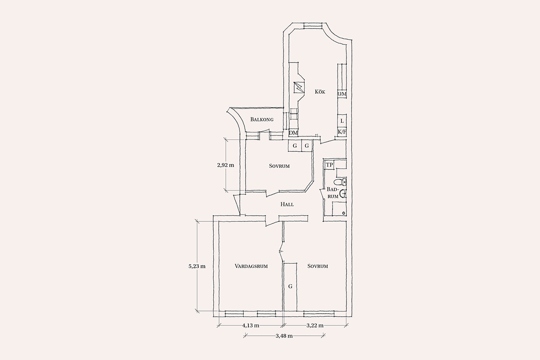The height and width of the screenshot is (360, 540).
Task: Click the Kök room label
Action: pos(320,92)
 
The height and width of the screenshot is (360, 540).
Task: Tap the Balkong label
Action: pos(262,119)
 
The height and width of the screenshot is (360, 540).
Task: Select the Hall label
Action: pos(287,204)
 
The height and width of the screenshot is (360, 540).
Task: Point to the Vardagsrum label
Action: pos(251,266)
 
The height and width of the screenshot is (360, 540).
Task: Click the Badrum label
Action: pos(333,193)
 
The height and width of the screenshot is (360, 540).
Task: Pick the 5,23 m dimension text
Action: pos(197,266)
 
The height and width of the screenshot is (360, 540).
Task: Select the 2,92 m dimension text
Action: pos(225,166)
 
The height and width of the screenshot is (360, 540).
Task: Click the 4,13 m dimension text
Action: pos(251,326)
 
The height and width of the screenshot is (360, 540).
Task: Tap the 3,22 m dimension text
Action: pos(315,326)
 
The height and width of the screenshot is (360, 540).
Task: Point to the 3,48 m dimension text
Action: pos(284,336)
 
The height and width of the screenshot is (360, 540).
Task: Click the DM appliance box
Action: pos(293,133)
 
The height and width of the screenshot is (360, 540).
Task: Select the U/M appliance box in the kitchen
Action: pos(342,94)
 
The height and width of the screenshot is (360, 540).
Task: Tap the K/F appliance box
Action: pos(342,132)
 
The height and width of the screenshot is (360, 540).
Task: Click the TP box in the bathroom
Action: pos(329,165)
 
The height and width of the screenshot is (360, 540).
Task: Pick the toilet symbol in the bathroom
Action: pos(340,182)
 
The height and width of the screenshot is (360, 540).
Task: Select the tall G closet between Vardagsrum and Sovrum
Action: pos(290,287)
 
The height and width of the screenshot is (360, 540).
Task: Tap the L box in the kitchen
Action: pos(342,121)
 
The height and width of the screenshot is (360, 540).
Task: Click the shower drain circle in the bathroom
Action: pos(343,213)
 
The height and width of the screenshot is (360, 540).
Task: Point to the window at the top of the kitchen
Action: pos(313,26)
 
